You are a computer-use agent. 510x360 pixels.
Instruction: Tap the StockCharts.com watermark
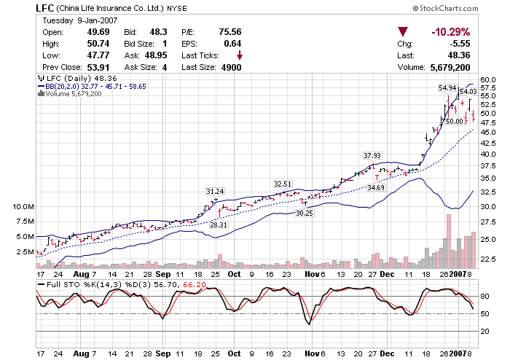(446, 7)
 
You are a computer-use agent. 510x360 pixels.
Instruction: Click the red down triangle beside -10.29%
(403, 32)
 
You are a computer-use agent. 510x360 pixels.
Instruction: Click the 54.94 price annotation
(447, 87)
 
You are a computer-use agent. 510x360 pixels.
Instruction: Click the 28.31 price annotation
(219, 225)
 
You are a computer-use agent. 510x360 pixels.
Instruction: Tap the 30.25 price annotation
(304, 213)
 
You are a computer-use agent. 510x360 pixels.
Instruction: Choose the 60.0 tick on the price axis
(488, 79)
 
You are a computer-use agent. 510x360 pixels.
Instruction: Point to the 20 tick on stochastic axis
(483, 331)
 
